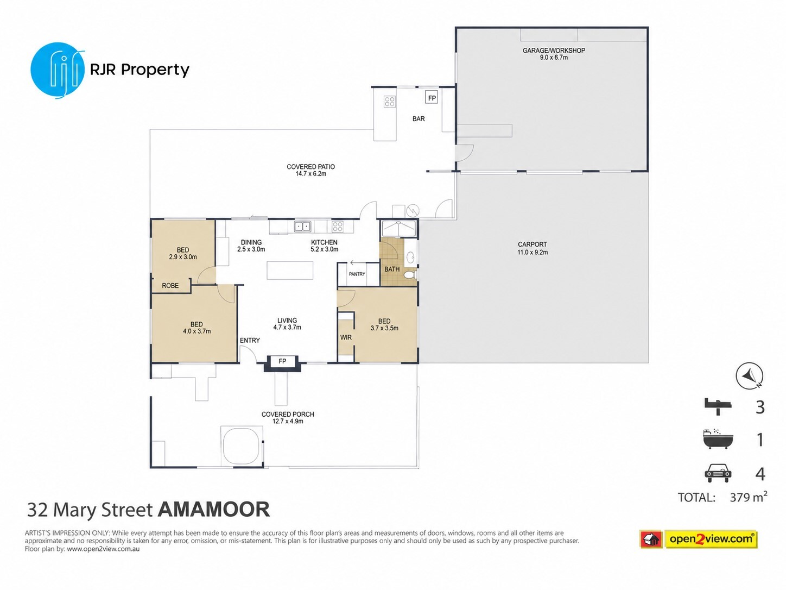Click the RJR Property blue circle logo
(58, 70)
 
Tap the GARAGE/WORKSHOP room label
(554, 51)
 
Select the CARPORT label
(532, 244)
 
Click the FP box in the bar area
(432, 98)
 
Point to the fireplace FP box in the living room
(282, 361)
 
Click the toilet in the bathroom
(410, 275)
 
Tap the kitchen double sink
(302, 227)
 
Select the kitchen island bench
(290, 270)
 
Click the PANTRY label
(357, 274)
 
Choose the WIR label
(346, 337)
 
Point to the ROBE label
(170, 286)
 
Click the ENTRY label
(250, 340)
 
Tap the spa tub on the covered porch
(242, 447)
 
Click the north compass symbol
(749, 376)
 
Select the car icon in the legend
(718, 474)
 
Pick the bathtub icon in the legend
(718, 440)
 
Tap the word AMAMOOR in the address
(214, 509)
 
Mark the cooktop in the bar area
(390, 102)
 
